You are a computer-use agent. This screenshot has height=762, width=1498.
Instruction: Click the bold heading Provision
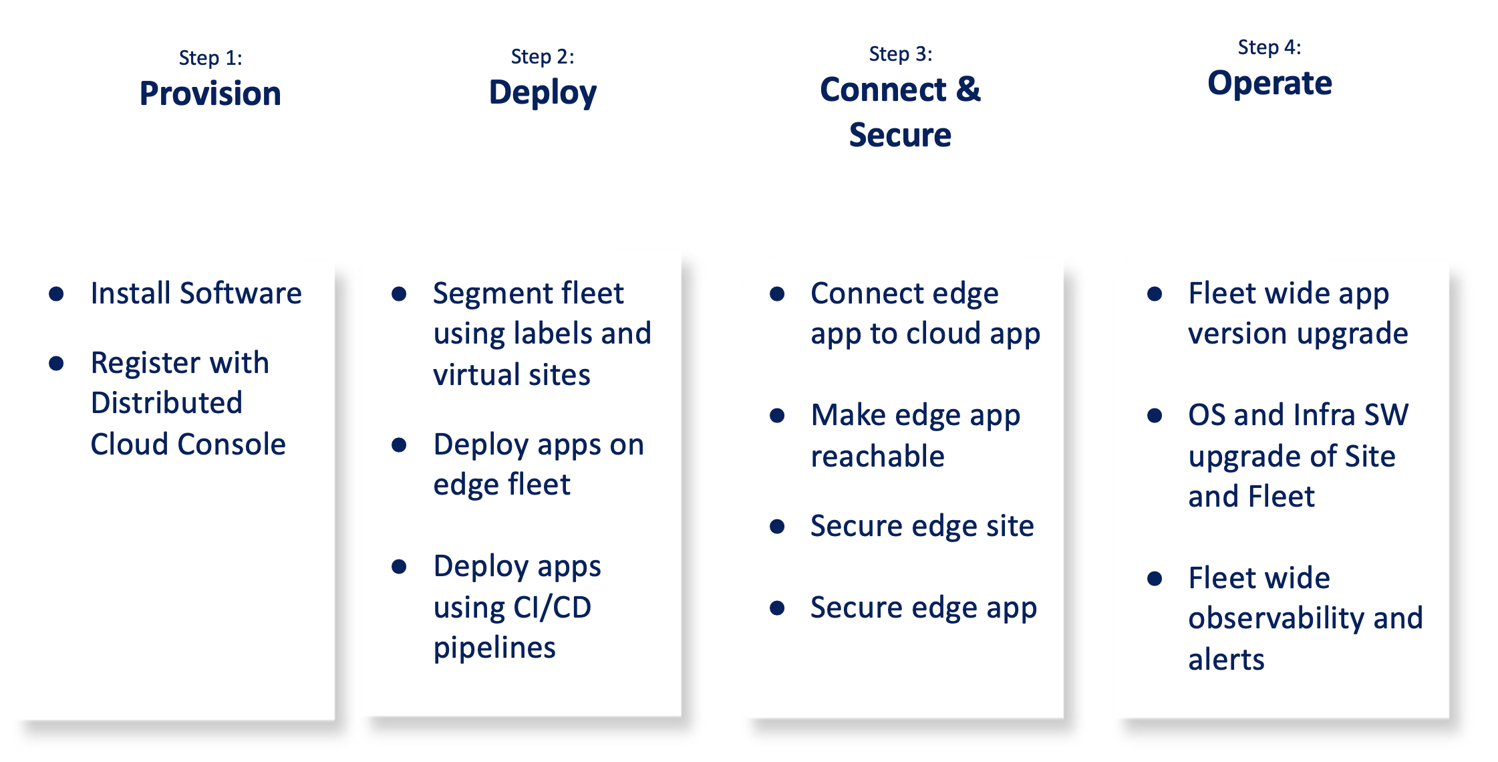(x=210, y=94)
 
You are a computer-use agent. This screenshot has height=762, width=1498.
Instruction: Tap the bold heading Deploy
(x=543, y=92)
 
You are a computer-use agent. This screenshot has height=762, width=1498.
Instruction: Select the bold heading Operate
(x=1269, y=84)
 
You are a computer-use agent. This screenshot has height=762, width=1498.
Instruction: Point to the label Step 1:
(x=210, y=58)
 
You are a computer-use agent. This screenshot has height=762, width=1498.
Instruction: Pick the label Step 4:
(x=1269, y=47)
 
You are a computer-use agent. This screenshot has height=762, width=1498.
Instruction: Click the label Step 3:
(x=900, y=54)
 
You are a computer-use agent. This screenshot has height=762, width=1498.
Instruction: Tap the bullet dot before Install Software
(x=57, y=293)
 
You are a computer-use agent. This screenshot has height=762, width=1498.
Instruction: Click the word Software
(x=241, y=293)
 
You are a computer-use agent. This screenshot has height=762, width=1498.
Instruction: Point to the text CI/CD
(x=552, y=608)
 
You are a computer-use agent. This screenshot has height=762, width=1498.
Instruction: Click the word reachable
(x=877, y=457)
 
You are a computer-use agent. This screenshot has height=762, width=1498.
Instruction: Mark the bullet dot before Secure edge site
(x=777, y=527)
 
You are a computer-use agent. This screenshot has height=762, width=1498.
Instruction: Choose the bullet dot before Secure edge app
(x=777, y=608)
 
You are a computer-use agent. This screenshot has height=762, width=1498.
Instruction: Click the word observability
(x=1276, y=619)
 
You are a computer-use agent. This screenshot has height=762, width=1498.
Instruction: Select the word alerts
(x=1226, y=660)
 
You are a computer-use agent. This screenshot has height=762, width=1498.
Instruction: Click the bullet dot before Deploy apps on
(x=400, y=445)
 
